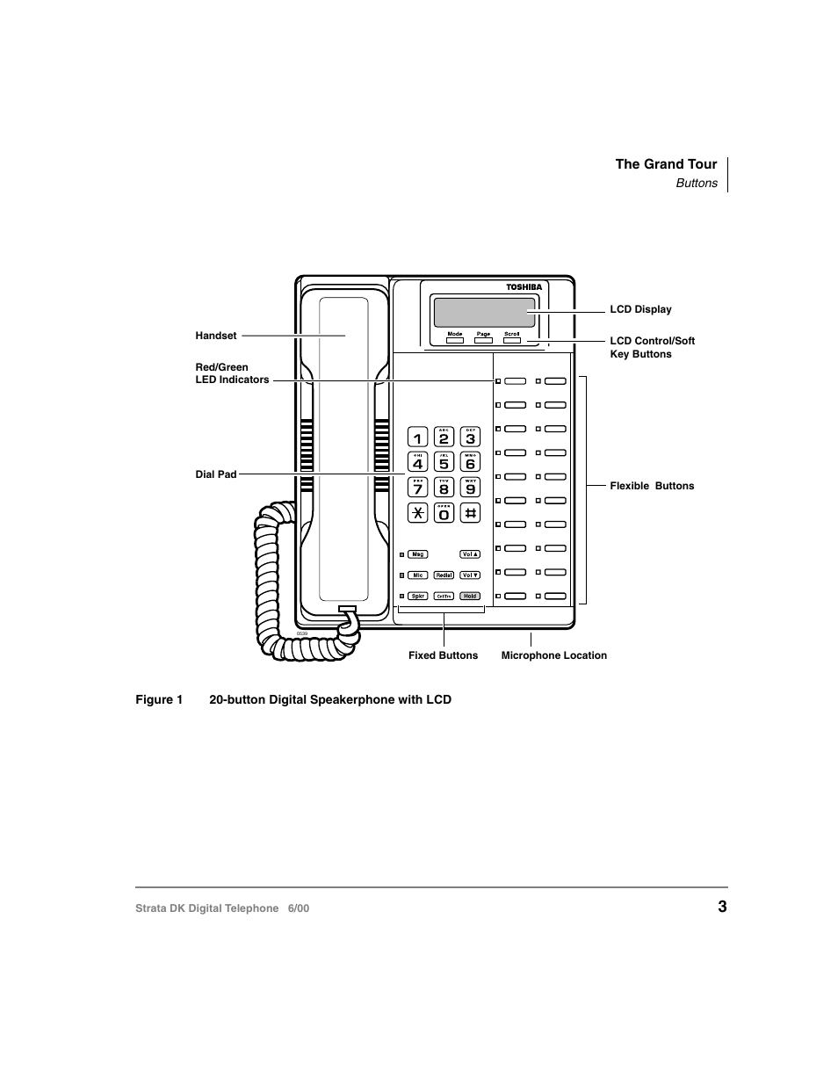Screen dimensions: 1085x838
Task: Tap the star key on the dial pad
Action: tap(418, 513)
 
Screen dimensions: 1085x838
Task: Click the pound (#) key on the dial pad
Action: tap(471, 513)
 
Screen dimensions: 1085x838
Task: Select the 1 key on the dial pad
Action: tap(418, 438)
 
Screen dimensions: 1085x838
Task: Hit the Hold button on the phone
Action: tap(470, 596)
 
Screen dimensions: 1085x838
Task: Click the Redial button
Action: tap(444, 575)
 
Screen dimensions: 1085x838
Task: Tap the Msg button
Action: tap(418, 554)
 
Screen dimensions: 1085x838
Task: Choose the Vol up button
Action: tap(470, 554)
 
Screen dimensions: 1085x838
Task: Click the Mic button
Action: tap(418, 575)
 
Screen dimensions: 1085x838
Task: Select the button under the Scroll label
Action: tap(512, 341)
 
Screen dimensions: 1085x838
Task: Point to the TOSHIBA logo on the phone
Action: tap(524, 287)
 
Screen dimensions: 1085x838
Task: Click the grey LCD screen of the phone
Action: tap(484, 312)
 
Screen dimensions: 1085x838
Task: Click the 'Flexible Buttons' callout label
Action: tap(652, 486)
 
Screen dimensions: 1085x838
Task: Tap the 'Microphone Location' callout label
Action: tap(553, 655)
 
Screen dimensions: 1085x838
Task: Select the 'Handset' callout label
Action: tap(216, 336)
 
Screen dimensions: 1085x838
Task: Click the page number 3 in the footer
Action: tap(722, 907)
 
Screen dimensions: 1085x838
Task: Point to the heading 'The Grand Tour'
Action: tap(666, 164)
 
